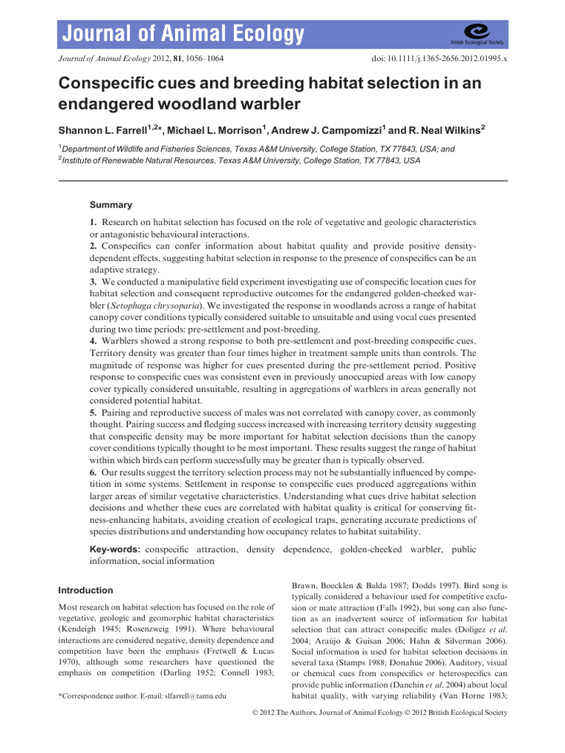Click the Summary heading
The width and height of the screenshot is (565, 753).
point(111,204)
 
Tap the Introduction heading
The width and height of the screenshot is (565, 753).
point(85,590)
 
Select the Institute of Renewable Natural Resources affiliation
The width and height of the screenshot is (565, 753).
point(154,160)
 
